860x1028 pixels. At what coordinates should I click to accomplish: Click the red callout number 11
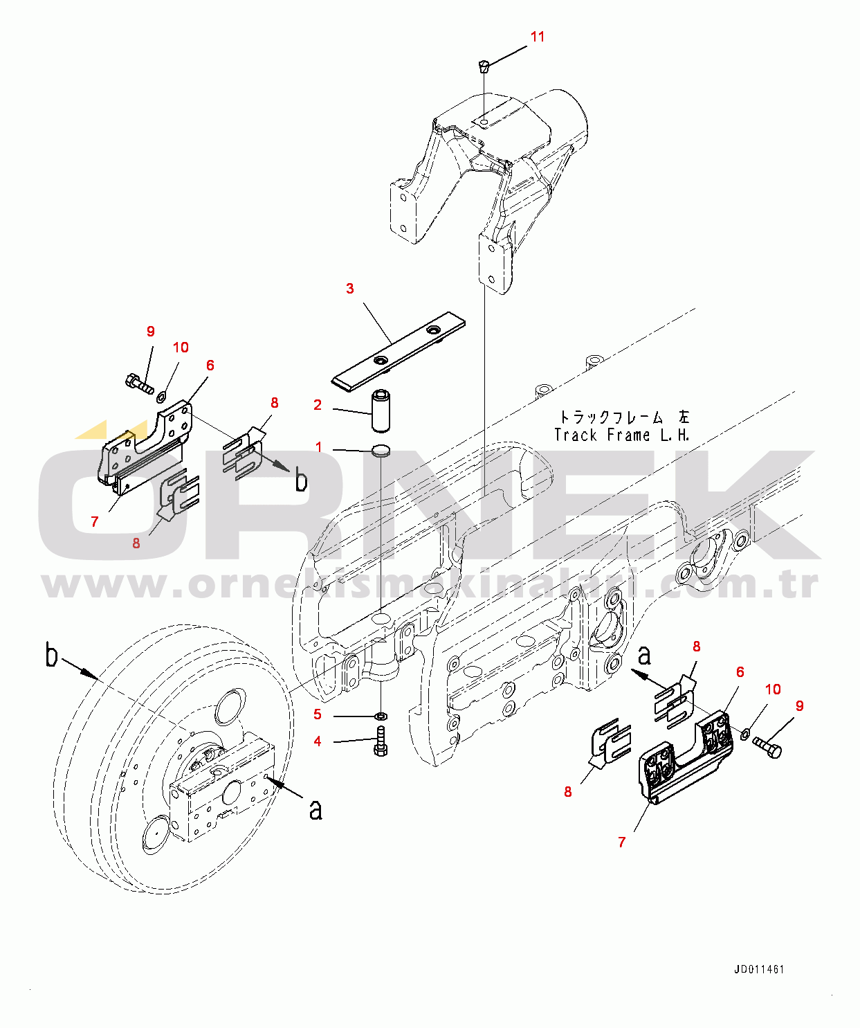point(538,37)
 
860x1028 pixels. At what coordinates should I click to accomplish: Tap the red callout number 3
point(350,289)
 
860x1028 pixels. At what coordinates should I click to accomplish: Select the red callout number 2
point(318,405)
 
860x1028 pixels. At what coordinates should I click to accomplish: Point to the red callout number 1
point(319,447)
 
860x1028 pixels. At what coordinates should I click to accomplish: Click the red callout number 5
point(318,714)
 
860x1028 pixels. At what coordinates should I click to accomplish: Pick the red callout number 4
point(318,741)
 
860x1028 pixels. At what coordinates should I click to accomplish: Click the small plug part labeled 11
point(484,66)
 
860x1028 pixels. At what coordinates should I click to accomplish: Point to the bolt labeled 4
point(381,741)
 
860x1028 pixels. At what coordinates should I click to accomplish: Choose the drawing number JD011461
point(759,969)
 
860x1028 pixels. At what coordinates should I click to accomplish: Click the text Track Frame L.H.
point(622,435)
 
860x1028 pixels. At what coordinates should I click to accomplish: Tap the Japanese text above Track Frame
point(625,417)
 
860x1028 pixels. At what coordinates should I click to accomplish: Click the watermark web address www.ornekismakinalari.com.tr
point(430,585)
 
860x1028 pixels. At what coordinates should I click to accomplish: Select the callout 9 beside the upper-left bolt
point(151,332)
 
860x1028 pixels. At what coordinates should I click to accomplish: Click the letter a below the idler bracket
point(316,809)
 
